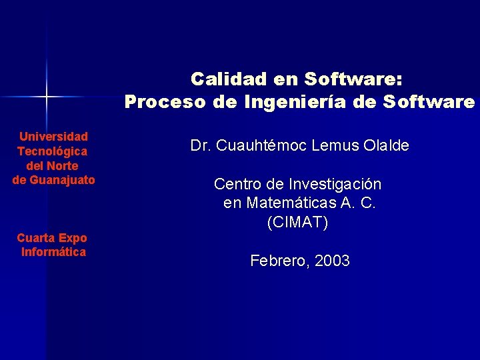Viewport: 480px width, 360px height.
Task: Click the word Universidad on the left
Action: tap(53, 136)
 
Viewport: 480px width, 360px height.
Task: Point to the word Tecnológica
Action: tap(53, 151)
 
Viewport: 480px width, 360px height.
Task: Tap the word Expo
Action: tap(72, 238)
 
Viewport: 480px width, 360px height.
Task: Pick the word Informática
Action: tap(53, 252)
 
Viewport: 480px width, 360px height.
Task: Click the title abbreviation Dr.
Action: tap(200, 145)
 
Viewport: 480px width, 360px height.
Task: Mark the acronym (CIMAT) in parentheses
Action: tap(297, 223)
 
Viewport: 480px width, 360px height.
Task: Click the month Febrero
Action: tap(277, 261)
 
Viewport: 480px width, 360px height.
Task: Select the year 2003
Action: tap(332, 261)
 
